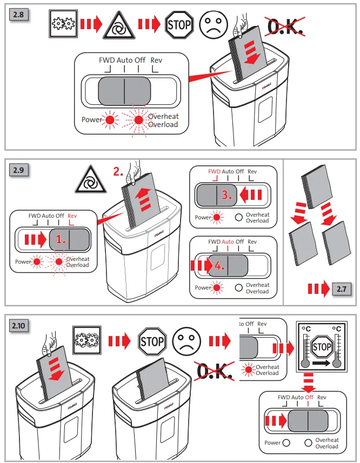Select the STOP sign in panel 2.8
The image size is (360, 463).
(x=179, y=24)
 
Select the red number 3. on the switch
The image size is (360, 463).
(x=227, y=196)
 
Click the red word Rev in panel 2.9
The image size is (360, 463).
(x=73, y=216)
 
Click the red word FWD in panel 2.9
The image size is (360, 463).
(x=214, y=172)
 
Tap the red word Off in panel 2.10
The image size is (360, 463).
(x=309, y=397)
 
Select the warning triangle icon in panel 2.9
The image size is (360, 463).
(x=88, y=179)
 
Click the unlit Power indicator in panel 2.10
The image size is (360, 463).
(x=286, y=442)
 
